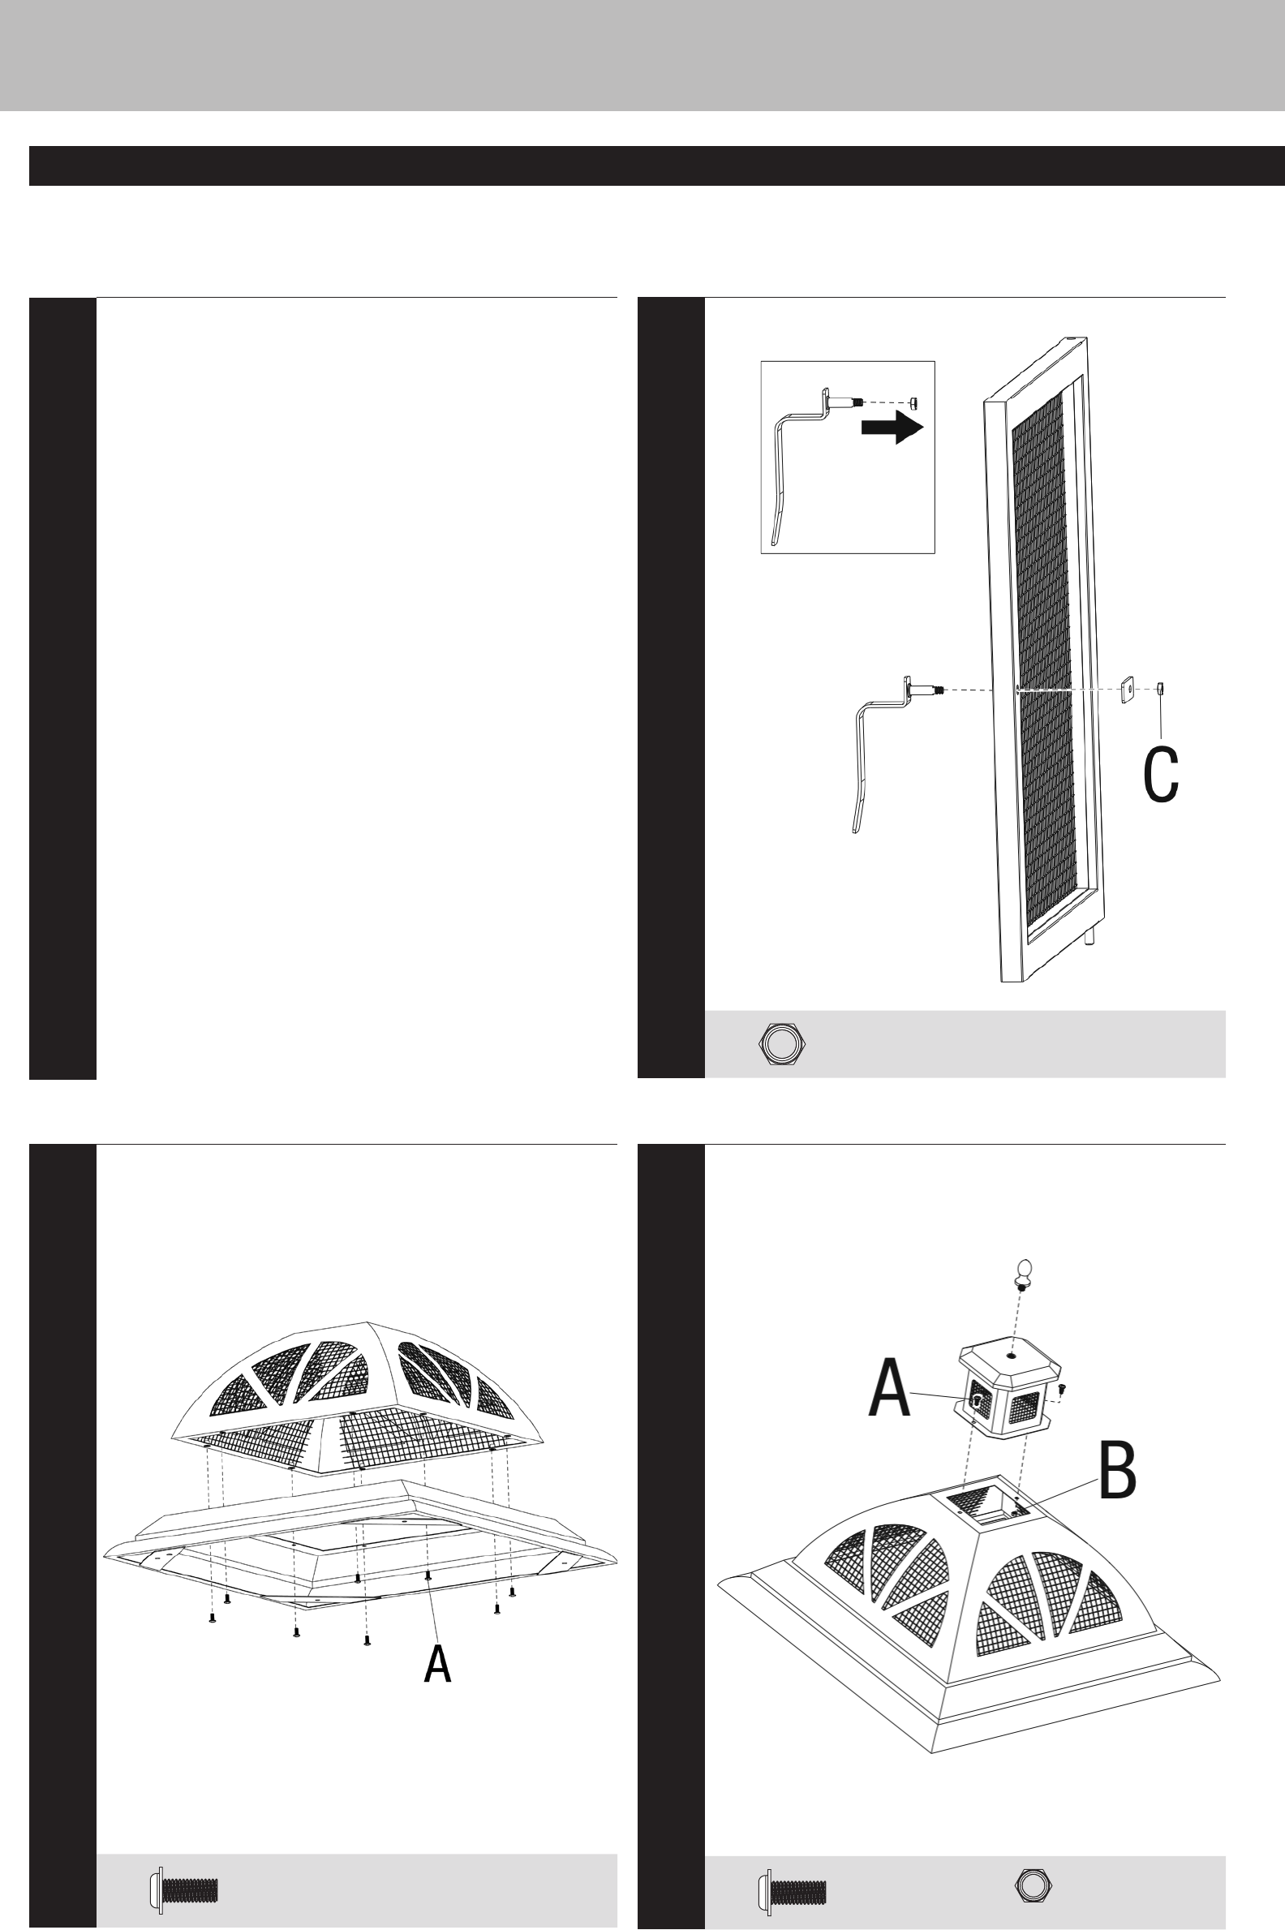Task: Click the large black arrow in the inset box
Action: coord(892,427)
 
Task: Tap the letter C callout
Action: coord(1160,775)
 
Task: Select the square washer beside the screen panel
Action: coord(1128,690)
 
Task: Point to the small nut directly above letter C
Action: coord(1160,689)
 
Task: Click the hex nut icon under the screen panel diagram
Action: coord(783,1043)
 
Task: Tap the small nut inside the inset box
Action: coord(915,402)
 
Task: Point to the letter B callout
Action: coord(1117,1471)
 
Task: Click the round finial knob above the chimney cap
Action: coord(1022,1274)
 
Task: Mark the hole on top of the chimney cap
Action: coord(1012,1356)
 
